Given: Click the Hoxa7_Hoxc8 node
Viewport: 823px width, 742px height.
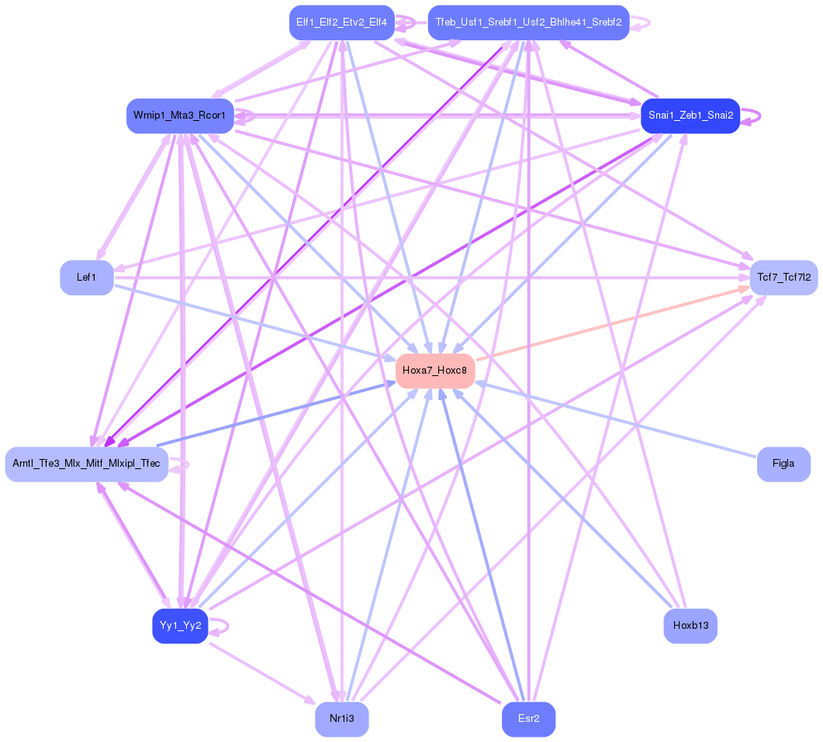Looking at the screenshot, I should click(434, 371).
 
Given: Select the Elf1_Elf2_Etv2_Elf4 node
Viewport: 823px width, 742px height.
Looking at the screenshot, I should click(341, 22).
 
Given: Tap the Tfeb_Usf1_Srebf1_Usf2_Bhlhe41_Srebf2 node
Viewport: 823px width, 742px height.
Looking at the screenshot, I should click(528, 22).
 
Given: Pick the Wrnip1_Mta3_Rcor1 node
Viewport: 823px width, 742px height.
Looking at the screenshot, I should click(179, 116).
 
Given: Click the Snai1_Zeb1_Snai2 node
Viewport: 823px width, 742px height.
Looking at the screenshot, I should click(690, 116).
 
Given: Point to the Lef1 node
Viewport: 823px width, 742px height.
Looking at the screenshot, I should click(86, 278).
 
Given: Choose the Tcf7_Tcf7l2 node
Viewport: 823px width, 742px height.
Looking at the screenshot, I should click(783, 278).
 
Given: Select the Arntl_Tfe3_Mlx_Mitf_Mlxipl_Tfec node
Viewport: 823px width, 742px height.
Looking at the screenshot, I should click(86, 464).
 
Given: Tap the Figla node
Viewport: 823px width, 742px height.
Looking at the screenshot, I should click(783, 464).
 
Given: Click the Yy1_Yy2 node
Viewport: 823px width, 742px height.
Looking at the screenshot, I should click(180, 626).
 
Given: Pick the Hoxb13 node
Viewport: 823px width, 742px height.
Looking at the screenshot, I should click(690, 626).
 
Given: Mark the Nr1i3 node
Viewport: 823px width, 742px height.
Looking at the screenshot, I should click(341, 719).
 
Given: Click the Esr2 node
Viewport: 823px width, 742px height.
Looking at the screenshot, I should click(528, 719).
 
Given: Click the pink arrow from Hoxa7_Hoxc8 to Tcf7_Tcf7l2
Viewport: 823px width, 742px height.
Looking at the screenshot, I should click(613, 323).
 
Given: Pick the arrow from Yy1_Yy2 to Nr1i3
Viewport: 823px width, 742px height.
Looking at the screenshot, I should click(260, 671).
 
